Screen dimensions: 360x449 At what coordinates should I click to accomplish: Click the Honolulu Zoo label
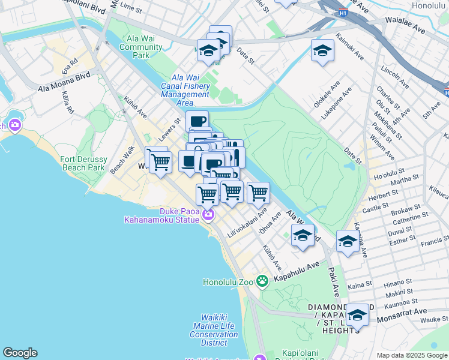coord(229,282)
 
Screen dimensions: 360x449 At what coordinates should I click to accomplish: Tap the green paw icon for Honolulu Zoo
coord(262,280)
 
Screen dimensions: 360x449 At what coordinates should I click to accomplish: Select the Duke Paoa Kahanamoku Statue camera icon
coord(208,214)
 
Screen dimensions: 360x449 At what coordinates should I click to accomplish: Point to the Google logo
coord(20,353)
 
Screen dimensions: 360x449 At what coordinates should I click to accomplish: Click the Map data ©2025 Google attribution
coord(411,355)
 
